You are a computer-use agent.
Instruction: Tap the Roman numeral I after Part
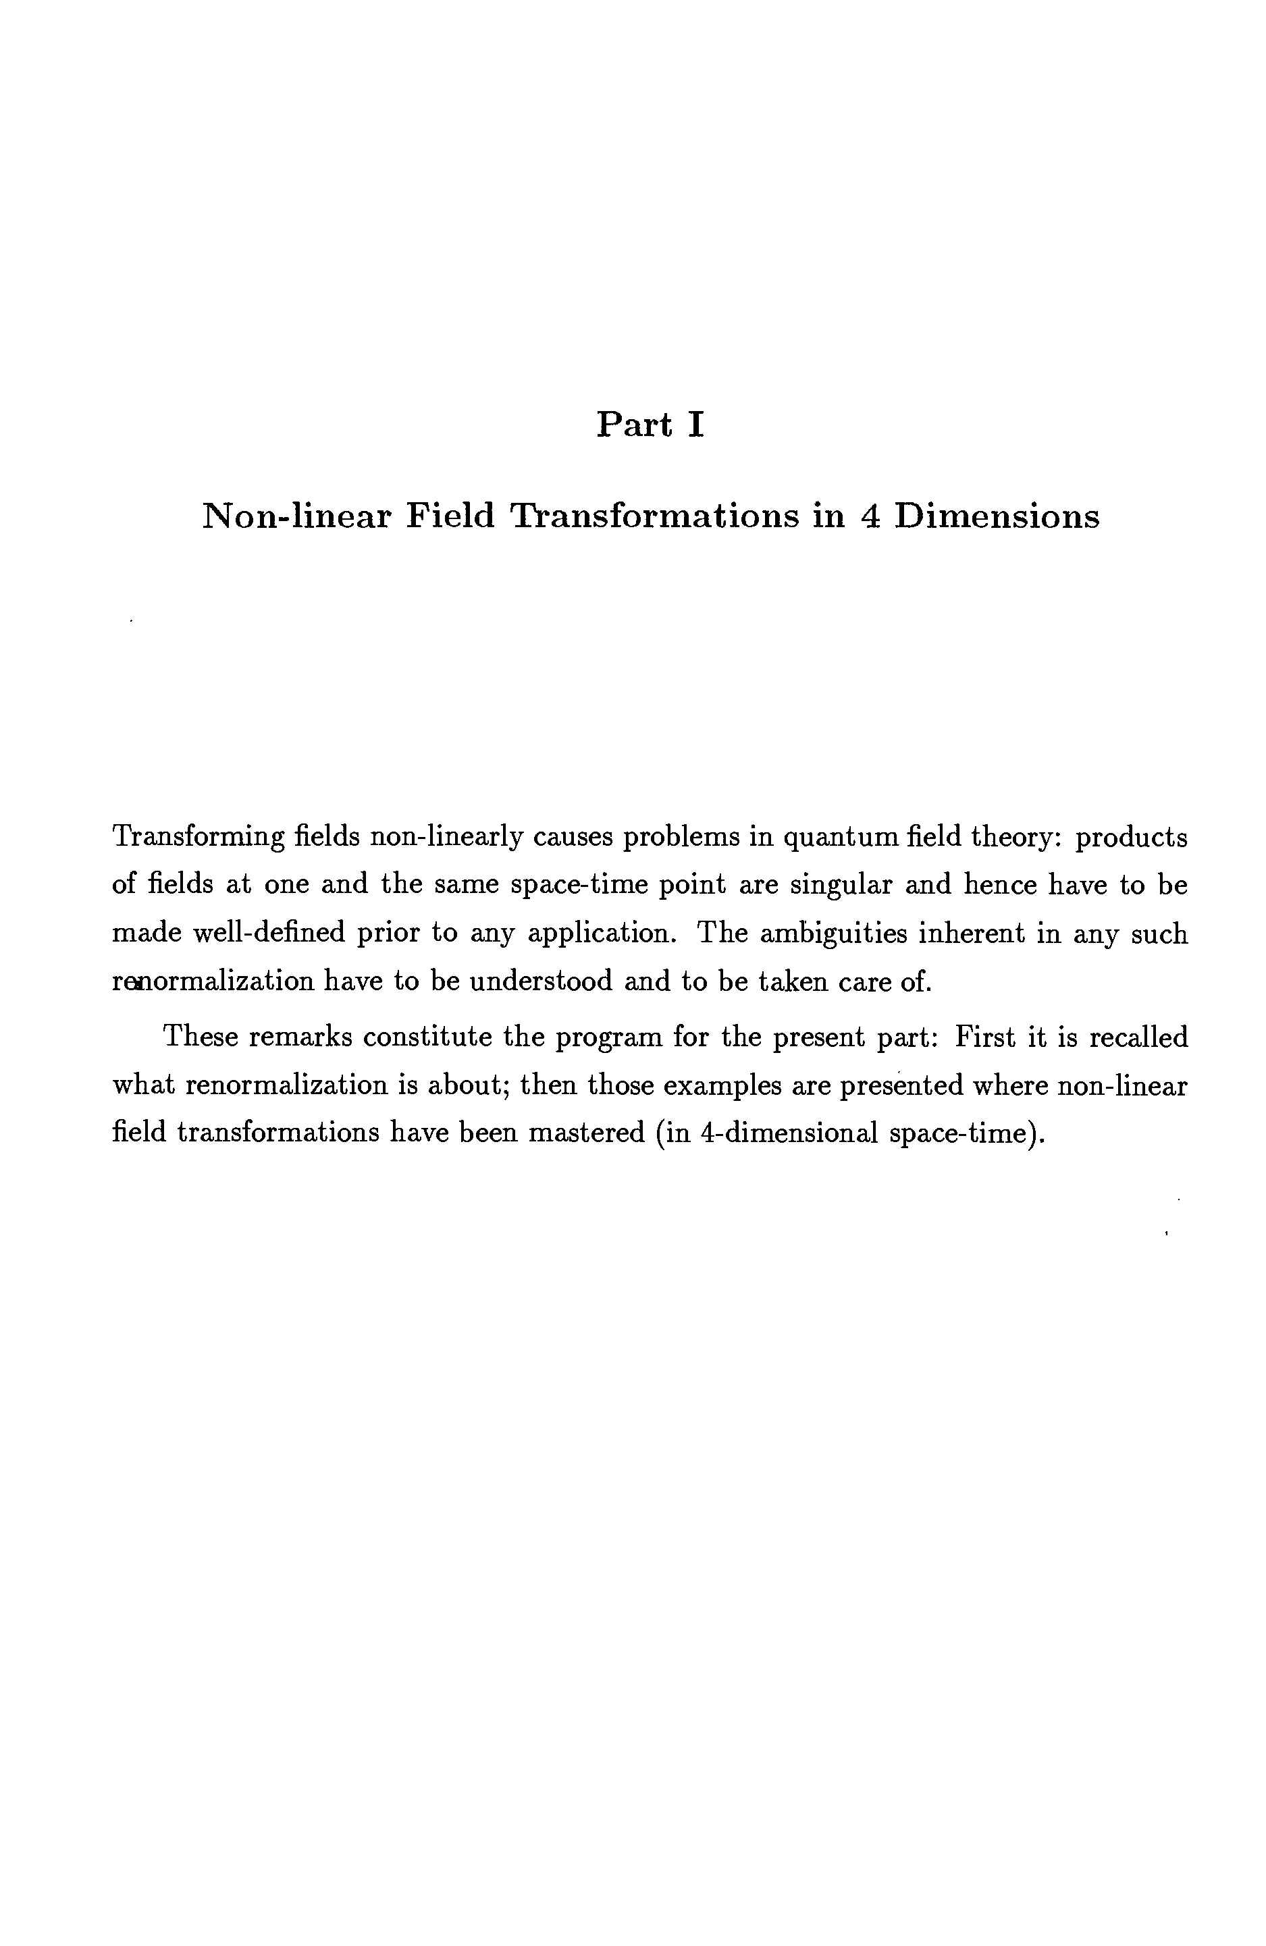[695, 425]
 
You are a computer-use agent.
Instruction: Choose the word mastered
[584, 1133]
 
